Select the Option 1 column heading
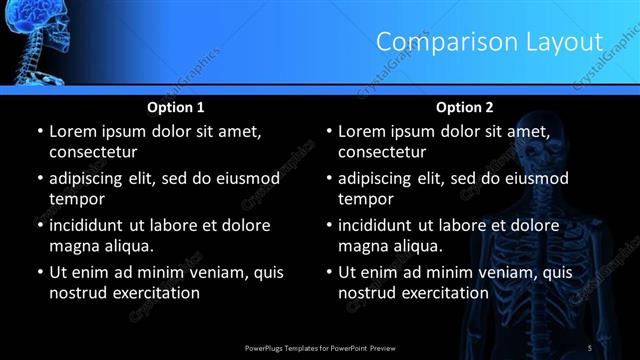click(176, 107)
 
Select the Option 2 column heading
click(465, 107)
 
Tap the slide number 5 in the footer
click(590, 347)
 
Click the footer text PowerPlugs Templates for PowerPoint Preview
click(319, 347)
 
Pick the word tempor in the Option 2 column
click(364, 198)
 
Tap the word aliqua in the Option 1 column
click(123, 245)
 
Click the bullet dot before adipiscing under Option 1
click(39, 179)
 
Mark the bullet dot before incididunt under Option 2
click(329, 226)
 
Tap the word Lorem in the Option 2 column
click(363, 131)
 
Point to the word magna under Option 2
click(364, 245)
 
